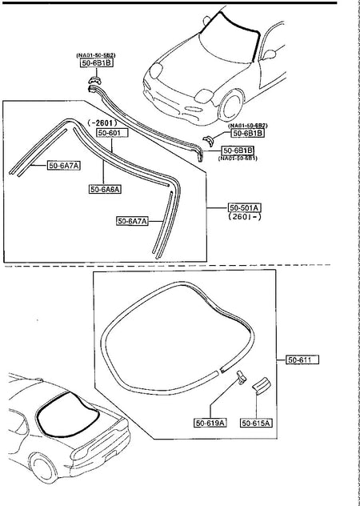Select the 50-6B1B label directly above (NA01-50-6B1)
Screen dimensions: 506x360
(238, 151)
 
